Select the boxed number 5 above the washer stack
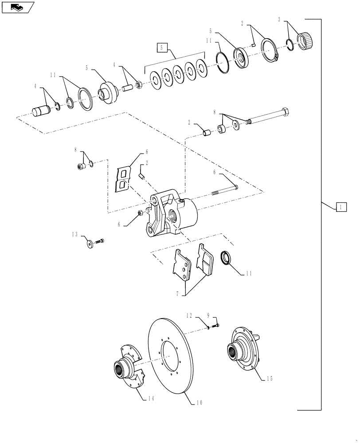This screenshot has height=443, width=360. point(162,47)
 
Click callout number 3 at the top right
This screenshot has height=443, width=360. point(279,20)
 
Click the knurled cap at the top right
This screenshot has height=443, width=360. point(307,40)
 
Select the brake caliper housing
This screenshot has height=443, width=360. point(173,213)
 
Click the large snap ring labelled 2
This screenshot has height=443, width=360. point(269,51)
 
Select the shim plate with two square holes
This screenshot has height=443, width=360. point(122,179)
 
